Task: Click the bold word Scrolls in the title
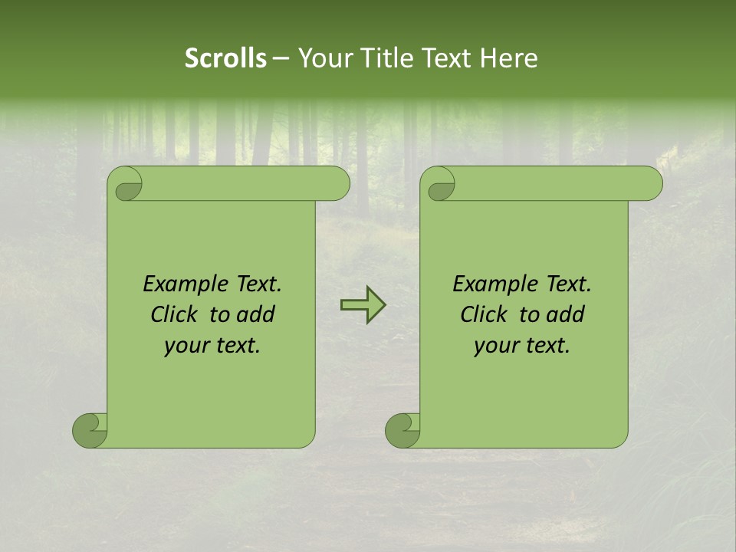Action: (226, 58)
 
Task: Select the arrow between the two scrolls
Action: (363, 305)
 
